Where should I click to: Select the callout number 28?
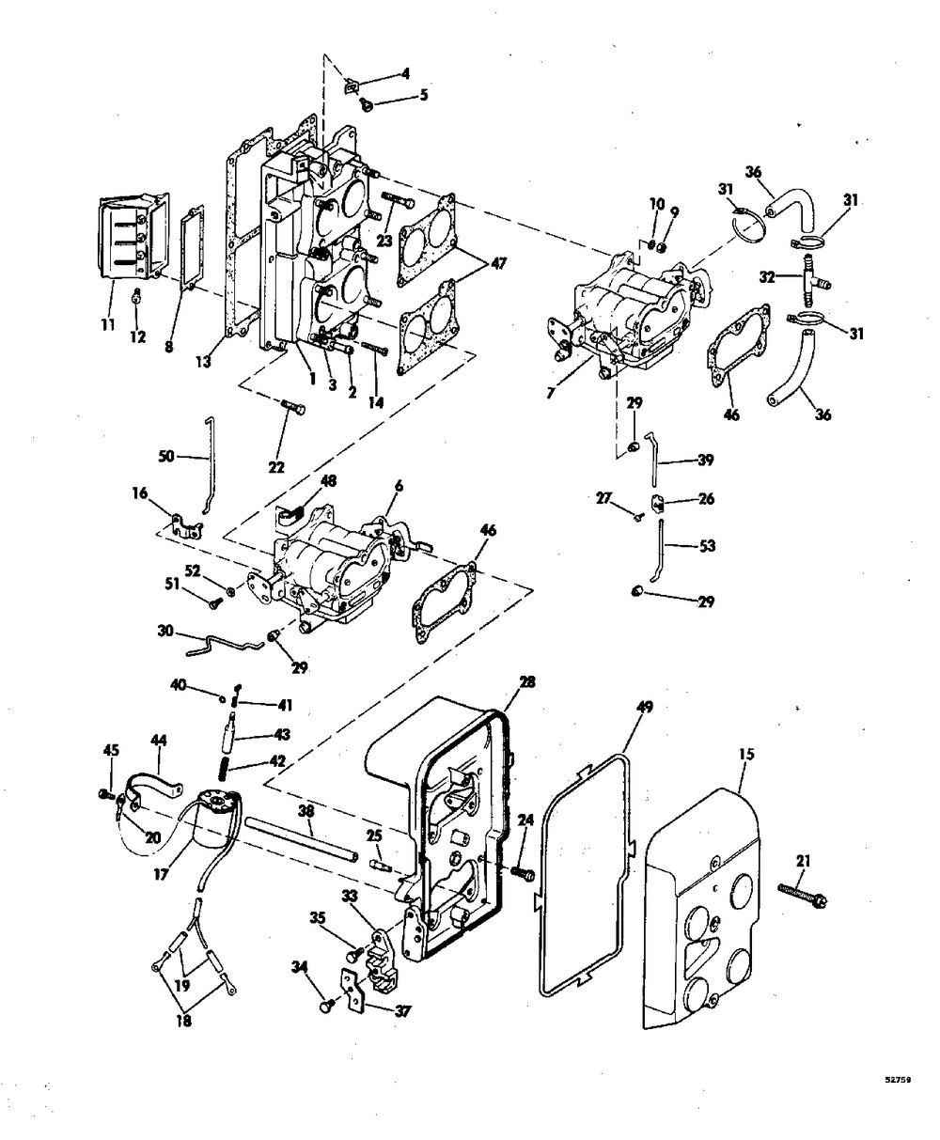click(526, 681)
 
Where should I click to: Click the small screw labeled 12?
click(137, 298)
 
